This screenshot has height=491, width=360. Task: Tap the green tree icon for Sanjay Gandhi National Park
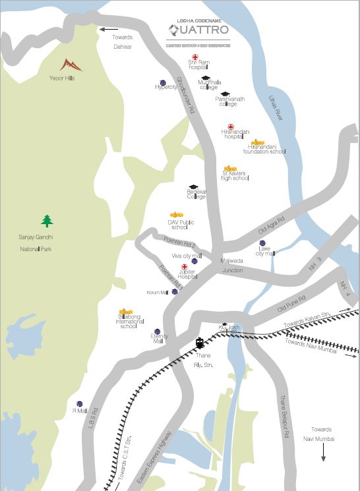pos(47,220)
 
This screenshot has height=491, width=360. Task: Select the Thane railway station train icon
pos(200,343)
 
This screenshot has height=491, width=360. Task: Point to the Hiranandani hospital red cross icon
pos(231,127)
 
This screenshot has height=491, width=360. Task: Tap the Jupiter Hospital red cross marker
pos(184,267)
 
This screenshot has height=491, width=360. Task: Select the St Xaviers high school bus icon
pos(230,169)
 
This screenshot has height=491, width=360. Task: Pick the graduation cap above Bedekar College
pos(193,188)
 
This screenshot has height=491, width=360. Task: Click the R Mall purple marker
pos(79,403)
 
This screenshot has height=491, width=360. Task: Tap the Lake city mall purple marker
pos(262,244)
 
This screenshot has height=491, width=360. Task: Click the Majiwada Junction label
pos(232,265)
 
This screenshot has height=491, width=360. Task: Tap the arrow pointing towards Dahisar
pos(109,29)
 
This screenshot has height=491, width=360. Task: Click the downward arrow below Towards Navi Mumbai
pos(323,454)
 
